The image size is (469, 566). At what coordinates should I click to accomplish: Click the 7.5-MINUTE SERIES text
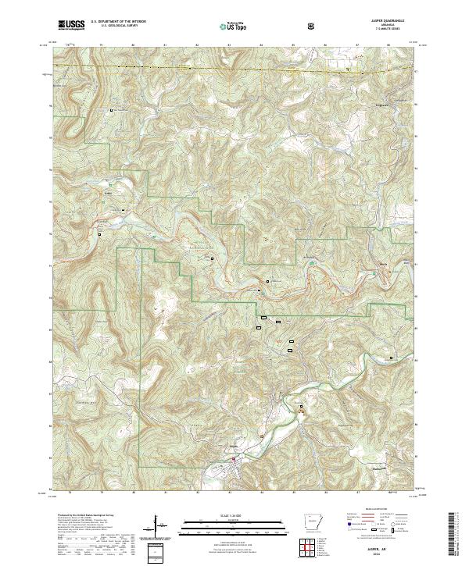(384, 30)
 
